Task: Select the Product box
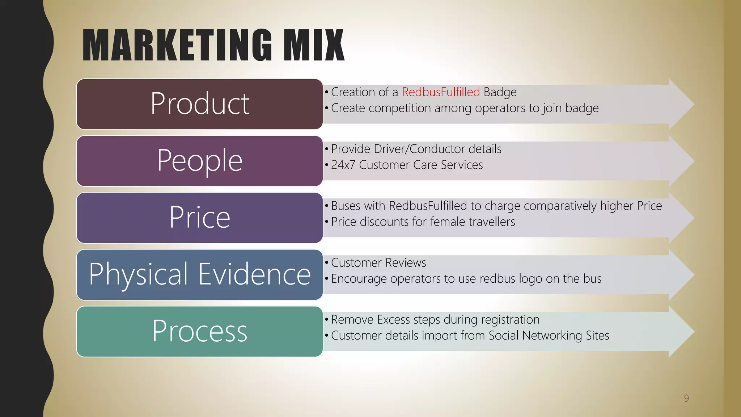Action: coord(200,104)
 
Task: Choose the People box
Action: coord(200,161)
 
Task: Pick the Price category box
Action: coord(200,218)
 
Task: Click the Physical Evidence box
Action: coord(200,274)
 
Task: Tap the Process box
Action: coord(200,331)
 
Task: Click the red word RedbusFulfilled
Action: coord(441,92)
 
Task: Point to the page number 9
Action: coord(686,398)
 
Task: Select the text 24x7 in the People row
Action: coord(343,165)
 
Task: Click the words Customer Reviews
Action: coord(378,262)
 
